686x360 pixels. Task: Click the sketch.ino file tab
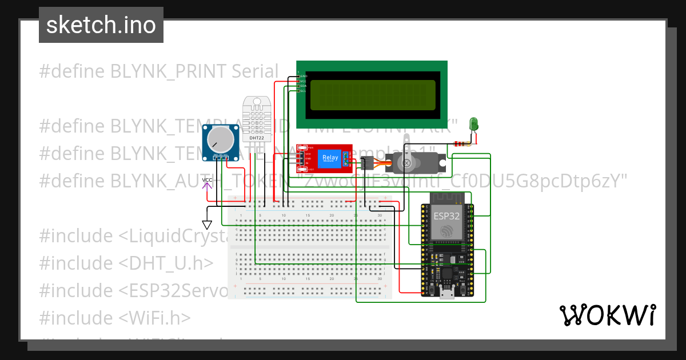point(101,25)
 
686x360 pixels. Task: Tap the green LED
point(473,123)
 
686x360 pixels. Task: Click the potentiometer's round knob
point(220,140)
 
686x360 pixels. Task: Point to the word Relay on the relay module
point(330,157)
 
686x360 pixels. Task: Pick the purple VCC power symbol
point(206,182)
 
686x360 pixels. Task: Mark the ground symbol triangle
point(207,225)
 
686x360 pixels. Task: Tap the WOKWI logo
point(607,315)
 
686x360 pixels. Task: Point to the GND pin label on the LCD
point(304,76)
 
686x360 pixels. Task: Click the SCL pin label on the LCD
point(304,91)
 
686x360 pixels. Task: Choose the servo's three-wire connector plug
point(368,163)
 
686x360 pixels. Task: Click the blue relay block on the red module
point(329,158)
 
